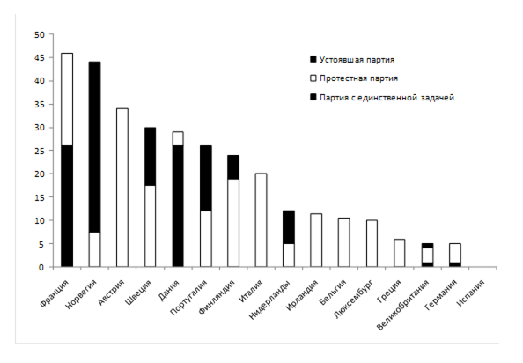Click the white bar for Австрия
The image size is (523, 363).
click(x=122, y=188)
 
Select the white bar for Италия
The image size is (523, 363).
click(x=261, y=220)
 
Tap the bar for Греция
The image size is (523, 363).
click(x=399, y=253)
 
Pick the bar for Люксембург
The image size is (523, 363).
click(x=372, y=243)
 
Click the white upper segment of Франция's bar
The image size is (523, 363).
click(x=67, y=100)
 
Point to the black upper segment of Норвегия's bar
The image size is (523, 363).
click(x=95, y=147)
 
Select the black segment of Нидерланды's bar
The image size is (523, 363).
click(x=289, y=227)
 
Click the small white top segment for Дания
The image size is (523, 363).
click(x=178, y=139)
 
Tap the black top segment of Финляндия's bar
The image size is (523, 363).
click(x=233, y=167)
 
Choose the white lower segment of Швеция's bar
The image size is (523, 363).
click(x=150, y=226)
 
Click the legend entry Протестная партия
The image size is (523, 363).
click(x=354, y=78)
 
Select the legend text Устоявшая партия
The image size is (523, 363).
click(x=357, y=60)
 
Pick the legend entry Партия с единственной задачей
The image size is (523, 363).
click(x=382, y=98)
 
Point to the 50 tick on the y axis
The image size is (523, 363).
click(x=39, y=34)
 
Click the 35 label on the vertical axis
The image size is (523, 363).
click(x=39, y=105)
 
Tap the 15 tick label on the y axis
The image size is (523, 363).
click(x=39, y=197)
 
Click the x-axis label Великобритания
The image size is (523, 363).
click(x=403, y=305)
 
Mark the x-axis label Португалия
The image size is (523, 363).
click(x=188, y=297)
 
